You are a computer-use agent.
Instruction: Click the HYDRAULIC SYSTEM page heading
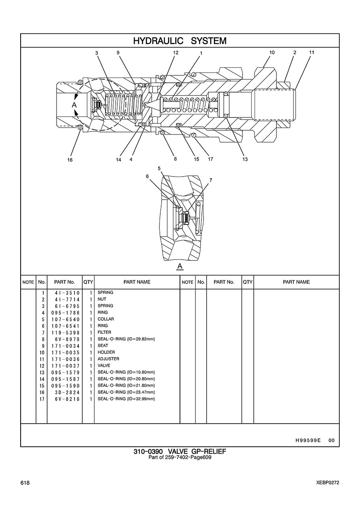coord(180,41)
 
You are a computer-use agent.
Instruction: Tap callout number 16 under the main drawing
coord(70,160)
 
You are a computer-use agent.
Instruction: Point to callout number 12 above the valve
coord(176,53)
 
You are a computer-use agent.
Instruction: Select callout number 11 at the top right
coord(312,52)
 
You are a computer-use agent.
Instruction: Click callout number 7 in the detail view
coord(211,180)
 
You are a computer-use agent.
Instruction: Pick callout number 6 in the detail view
coord(147,176)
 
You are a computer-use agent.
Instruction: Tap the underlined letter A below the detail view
coord(180,266)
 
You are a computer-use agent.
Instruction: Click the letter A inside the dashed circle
coord(74,105)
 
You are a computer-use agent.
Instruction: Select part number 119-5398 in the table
coord(65,333)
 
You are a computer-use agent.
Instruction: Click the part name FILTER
coord(104,332)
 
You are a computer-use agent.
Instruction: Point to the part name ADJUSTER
coord(108,359)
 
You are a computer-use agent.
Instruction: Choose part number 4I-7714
coord(67,299)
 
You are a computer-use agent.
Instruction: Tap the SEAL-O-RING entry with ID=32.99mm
coord(126,399)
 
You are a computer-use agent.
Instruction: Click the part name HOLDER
coord(106,352)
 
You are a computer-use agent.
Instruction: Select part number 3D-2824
coord(67,392)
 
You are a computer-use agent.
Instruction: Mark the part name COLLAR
coord(106,319)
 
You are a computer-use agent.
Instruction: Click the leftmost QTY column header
coord(88,282)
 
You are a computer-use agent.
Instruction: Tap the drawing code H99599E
coord(308,440)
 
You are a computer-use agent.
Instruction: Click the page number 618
coord(25,483)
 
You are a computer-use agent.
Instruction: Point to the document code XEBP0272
coord(328,483)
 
